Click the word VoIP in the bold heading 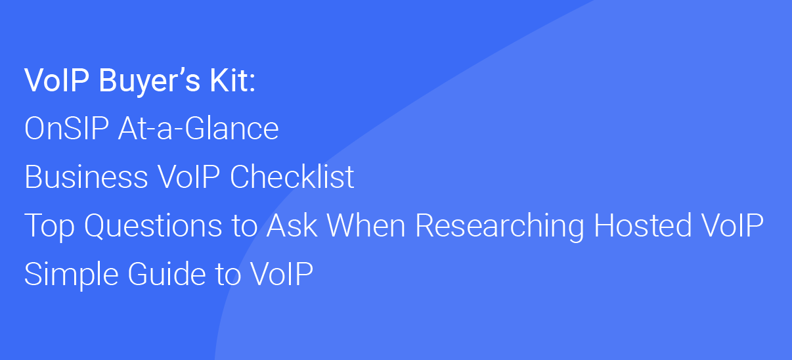(56, 80)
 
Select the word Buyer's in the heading (149, 81)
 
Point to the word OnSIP (66, 128)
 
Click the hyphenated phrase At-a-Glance (198, 128)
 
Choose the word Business (86, 177)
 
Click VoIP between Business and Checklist (189, 177)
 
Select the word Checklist (292, 177)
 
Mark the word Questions (154, 225)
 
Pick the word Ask (292, 225)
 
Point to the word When (366, 225)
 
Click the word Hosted (642, 225)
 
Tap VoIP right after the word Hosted (732, 225)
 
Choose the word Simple (71, 275)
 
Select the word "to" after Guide (228, 275)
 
